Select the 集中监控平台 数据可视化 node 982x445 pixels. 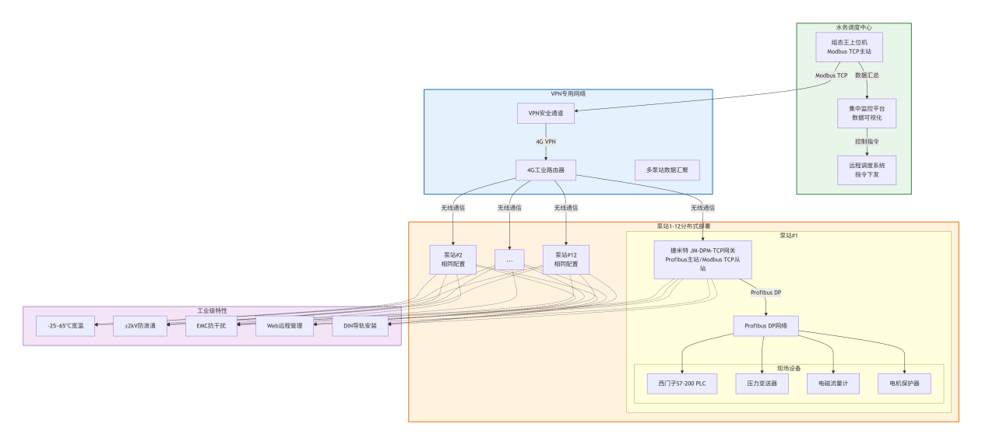click(x=866, y=114)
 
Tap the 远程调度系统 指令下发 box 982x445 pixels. click(x=866, y=170)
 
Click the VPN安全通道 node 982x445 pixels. click(x=545, y=113)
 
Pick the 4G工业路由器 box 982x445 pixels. click(x=545, y=170)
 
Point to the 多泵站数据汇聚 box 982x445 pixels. click(x=667, y=170)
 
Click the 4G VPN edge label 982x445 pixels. click(x=545, y=142)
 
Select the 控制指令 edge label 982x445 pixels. click(x=867, y=142)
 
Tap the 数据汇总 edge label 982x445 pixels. click(x=867, y=75)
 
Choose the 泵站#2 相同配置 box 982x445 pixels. click(x=452, y=259)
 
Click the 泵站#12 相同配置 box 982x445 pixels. click(x=565, y=259)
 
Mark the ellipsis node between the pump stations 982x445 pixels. click(x=509, y=259)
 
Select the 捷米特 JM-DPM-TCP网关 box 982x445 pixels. click(x=702, y=259)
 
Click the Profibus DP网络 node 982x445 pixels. click(x=766, y=326)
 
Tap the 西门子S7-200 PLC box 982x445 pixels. click(x=681, y=384)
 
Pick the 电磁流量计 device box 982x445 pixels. click(x=832, y=384)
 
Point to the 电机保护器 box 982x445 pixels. click(x=903, y=384)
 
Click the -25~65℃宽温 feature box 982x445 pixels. click(x=65, y=326)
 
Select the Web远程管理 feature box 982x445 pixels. click(x=284, y=326)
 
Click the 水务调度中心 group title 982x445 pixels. click(x=854, y=27)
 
